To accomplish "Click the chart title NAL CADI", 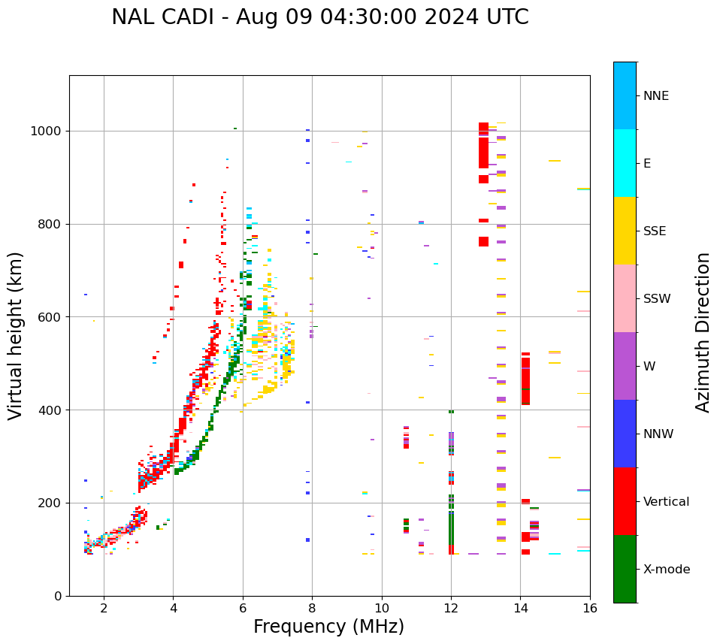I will tap(319, 17).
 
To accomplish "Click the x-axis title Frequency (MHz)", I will tap(328, 627).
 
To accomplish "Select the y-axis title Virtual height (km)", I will tap(16, 335).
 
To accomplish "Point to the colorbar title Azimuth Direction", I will tap(703, 332).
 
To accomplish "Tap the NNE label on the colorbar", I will tap(655, 96).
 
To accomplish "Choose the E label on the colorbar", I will tap(647, 163).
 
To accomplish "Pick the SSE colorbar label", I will tap(654, 231).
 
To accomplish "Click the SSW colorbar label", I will tap(656, 298).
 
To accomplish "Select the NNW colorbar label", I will tap(658, 434).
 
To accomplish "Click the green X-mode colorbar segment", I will tap(625, 569).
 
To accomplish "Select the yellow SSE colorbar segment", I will tap(625, 231).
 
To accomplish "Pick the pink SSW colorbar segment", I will tap(625, 298).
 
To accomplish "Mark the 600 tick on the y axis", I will tap(53, 316).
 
